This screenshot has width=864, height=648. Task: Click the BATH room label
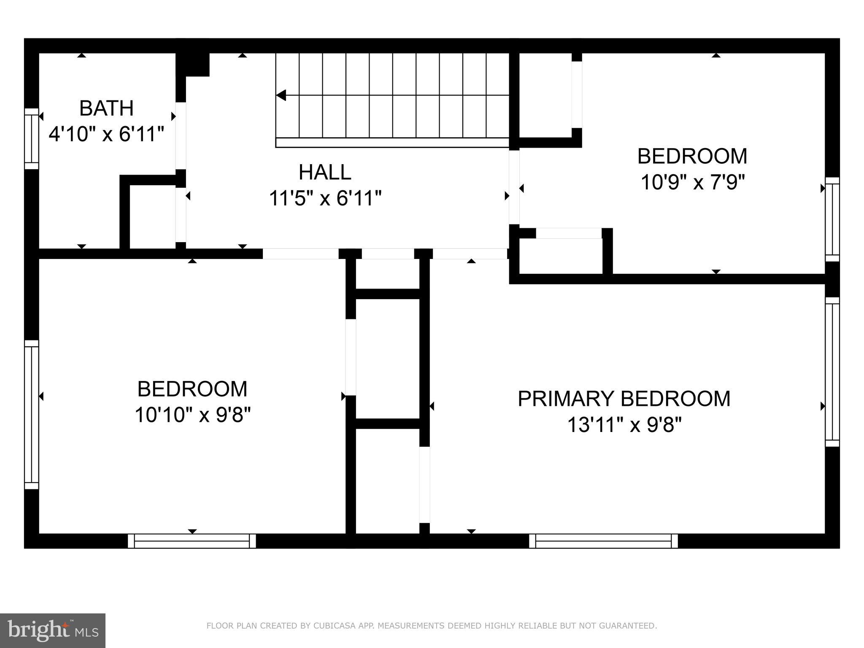[x=106, y=108]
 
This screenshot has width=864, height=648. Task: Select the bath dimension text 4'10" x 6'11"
[x=106, y=135]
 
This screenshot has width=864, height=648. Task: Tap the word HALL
[x=325, y=172]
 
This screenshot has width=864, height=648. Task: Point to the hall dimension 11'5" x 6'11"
[x=325, y=198]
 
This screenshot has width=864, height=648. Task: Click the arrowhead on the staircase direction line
[x=281, y=95]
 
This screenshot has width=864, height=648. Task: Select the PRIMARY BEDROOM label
[x=624, y=399]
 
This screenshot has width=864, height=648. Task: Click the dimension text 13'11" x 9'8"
[x=624, y=425]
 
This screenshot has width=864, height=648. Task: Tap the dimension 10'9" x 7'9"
[x=692, y=183]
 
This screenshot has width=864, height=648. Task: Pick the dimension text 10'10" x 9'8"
[x=192, y=415]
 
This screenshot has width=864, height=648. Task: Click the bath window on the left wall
[x=32, y=139]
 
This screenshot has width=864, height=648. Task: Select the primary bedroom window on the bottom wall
[x=603, y=541]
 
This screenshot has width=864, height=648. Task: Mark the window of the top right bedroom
[x=832, y=219]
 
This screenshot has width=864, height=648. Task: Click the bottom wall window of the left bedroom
[x=192, y=541]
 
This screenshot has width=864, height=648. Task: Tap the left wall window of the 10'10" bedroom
[x=32, y=415]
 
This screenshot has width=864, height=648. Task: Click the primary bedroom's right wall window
[x=832, y=372]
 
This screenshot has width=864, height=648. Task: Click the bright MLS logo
[x=53, y=630]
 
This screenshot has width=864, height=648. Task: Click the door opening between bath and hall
[x=181, y=135]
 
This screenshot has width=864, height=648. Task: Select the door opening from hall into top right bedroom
[x=514, y=187]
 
